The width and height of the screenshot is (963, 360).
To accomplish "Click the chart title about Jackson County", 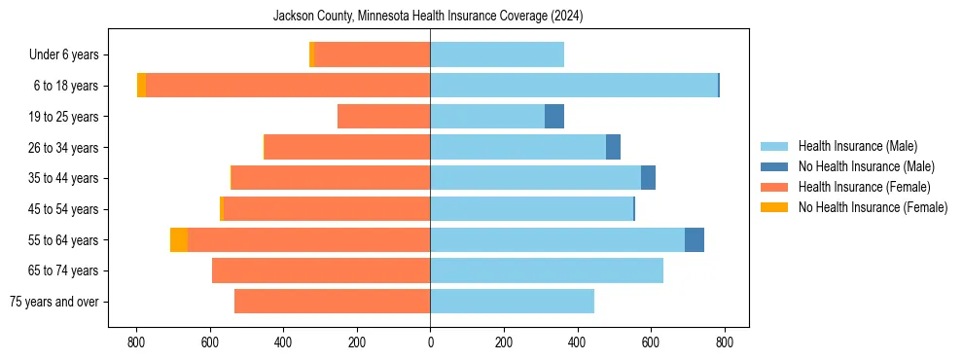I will [428, 17].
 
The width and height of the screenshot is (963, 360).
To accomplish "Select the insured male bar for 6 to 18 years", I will [574, 86].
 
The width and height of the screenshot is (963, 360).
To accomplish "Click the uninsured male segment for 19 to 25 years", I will [554, 117].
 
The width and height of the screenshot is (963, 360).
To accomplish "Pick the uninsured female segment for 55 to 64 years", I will [179, 240].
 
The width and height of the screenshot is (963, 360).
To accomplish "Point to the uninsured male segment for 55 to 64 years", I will [695, 240].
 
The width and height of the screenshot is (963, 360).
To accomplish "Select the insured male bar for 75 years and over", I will [512, 302].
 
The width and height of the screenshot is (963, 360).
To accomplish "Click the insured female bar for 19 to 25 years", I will [383, 117].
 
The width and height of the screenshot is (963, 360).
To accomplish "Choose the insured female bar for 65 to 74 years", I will [321, 270].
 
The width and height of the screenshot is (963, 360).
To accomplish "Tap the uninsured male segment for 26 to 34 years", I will [613, 148].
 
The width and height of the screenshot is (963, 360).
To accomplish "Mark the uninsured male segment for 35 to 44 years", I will [648, 178].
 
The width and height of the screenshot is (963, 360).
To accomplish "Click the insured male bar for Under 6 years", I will [497, 55].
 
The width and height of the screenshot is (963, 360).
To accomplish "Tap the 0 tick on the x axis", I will [430, 342].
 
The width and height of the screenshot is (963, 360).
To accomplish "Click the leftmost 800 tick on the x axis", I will [136, 342].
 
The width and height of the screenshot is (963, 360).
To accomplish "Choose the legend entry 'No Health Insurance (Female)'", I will [873, 207].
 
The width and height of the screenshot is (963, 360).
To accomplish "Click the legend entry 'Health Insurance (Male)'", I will [857, 146].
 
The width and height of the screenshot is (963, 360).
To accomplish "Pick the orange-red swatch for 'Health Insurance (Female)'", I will [774, 187].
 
